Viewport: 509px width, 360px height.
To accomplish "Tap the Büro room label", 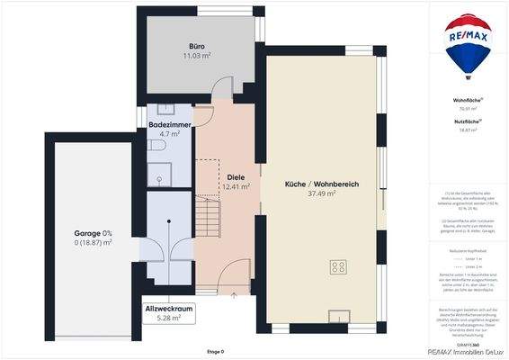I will tap(197, 46).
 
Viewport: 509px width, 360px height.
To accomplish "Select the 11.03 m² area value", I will tap(197, 56).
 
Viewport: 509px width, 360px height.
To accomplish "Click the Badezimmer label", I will tap(170, 124).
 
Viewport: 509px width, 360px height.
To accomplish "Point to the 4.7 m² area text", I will tap(170, 134).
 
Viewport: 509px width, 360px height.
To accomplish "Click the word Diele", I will tap(236, 177).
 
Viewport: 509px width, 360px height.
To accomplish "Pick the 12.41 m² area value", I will tap(236, 187).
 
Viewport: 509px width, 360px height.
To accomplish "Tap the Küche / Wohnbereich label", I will tap(322, 184).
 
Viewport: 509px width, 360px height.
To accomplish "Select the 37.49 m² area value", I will tap(322, 193).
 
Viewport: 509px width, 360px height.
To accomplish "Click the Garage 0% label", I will tap(93, 233).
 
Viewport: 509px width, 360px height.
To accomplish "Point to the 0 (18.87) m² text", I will tap(93, 243).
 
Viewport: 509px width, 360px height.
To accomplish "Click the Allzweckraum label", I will tap(170, 308).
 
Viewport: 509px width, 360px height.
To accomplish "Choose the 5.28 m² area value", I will tap(170, 318).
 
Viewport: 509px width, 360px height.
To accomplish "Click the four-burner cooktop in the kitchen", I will tap(340, 266).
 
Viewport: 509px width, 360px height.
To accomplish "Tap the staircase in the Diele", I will tap(209, 214).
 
